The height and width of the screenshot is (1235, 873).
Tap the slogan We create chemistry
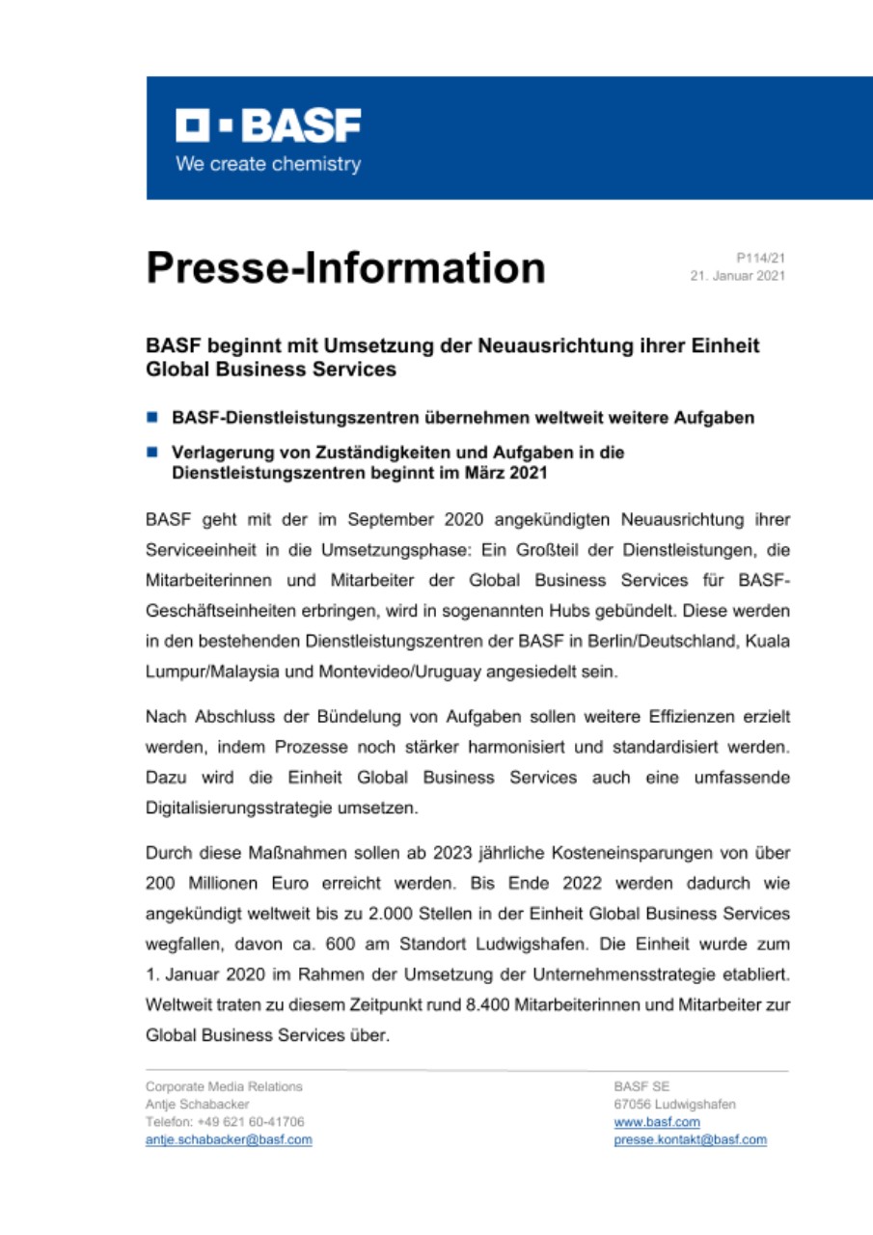(x=268, y=164)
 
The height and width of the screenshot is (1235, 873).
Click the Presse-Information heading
(x=345, y=267)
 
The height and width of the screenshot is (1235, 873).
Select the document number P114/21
(x=760, y=259)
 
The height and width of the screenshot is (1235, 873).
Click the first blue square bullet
(x=151, y=419)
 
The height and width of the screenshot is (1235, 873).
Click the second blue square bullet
(x=151, y=452)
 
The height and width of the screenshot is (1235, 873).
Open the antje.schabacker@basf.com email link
(x=228, y=1139)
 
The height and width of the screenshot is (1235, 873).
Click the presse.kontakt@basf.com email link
(x=690, y=1139)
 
